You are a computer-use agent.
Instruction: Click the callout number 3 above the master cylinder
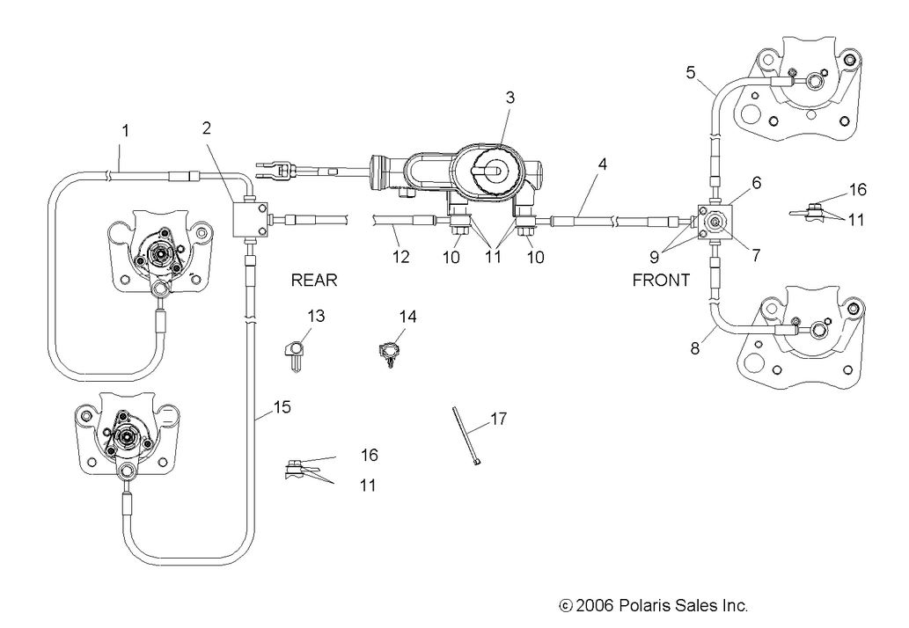509,98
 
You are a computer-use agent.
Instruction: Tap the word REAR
314,281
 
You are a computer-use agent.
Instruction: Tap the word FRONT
661,281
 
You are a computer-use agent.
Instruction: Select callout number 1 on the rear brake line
126,130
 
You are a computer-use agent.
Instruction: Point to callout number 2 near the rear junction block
206,128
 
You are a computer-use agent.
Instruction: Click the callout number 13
316,316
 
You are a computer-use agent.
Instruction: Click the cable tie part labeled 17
463,436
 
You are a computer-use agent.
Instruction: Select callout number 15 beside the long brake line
281,407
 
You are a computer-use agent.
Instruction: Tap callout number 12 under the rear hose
400,257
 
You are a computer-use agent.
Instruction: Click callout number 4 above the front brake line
601,164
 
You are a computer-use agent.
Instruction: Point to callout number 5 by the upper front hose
692,72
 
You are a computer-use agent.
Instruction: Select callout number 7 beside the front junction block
756,255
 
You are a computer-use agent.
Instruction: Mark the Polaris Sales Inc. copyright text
654,605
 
